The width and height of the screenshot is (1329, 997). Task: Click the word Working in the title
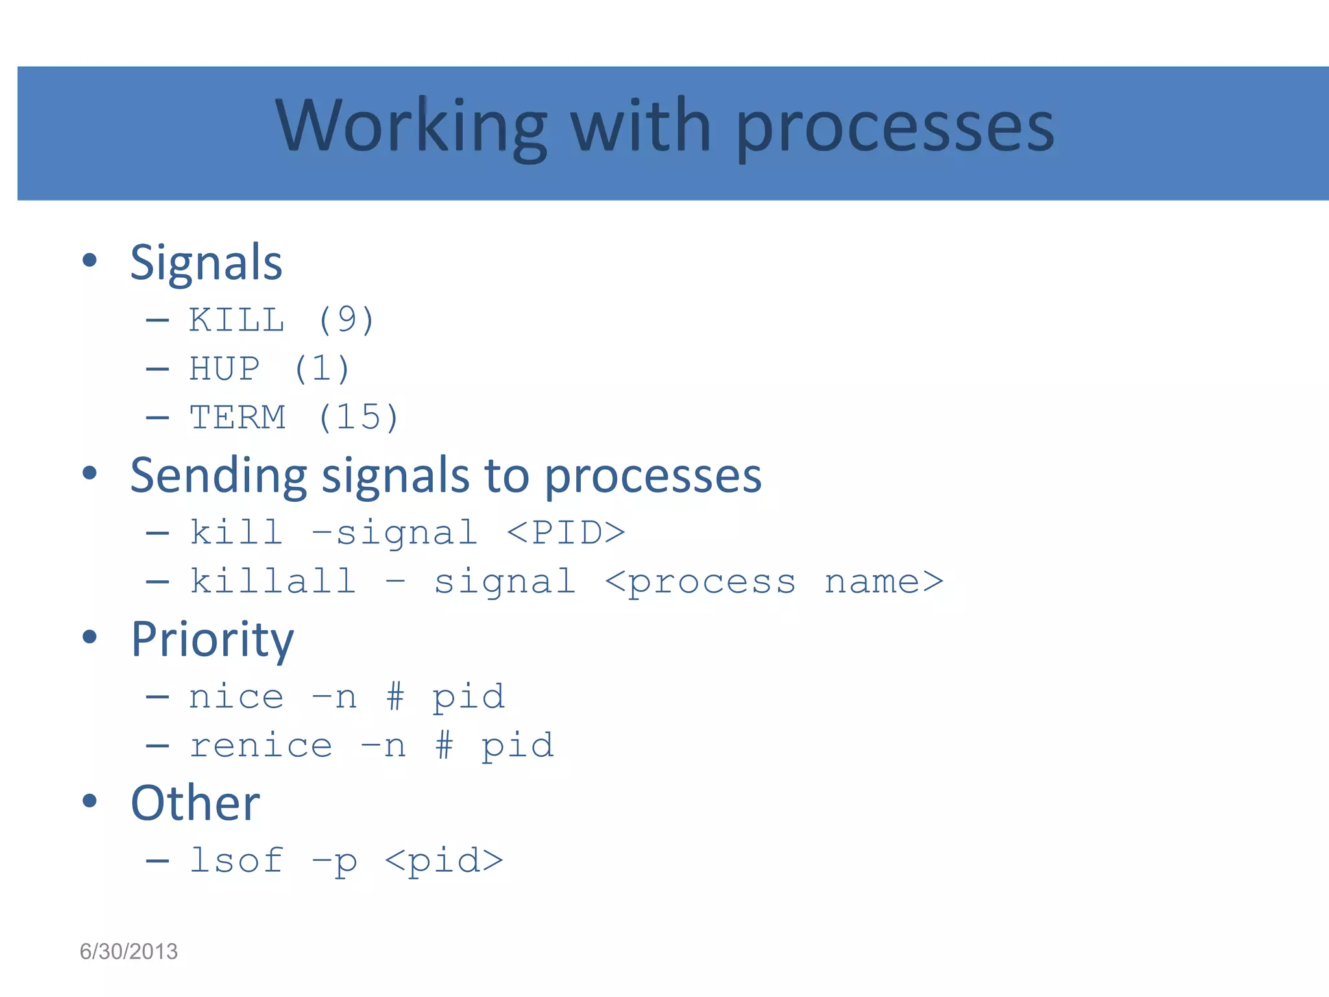411,127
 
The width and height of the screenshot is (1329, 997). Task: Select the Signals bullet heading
206,263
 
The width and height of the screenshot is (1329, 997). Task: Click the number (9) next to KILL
346,320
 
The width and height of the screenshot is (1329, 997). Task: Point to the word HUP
225,369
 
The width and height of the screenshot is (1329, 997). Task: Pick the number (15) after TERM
358,417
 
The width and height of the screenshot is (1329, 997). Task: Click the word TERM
238,417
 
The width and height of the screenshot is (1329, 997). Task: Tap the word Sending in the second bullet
218,476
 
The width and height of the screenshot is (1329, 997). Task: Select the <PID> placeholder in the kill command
565,533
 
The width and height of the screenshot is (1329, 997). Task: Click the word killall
273,581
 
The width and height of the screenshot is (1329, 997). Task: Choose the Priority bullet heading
212,640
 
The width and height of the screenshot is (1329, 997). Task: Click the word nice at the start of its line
236,697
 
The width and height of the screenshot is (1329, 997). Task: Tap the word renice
261,746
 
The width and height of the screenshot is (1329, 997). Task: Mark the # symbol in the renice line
444,745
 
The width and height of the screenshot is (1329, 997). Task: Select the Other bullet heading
195,804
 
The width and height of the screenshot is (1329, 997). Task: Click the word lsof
236,861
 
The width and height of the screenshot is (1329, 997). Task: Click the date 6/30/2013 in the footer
128,952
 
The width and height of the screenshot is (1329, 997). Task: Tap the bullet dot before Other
90,800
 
